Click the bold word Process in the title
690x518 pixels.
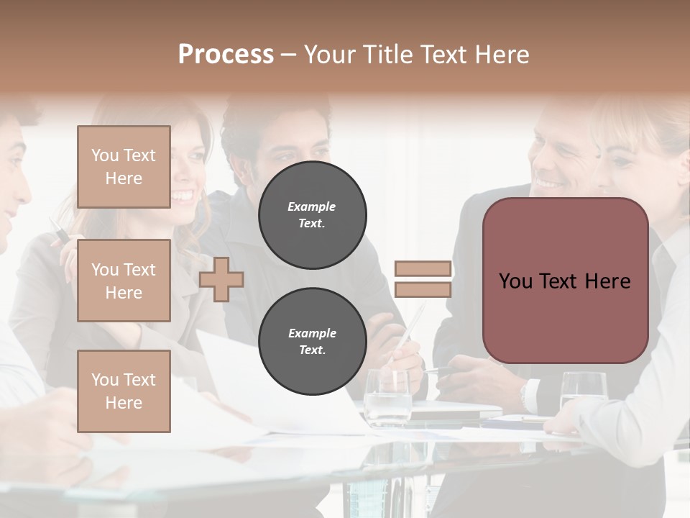[x=226, y=54]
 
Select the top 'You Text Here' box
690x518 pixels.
[x=124, y=167]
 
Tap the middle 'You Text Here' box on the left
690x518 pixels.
[x=124, y=281]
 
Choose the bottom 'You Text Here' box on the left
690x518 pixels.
[x=124, y=391]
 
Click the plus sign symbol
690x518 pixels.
[x=221, y=279]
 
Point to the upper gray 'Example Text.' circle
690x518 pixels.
[x=312, y=214]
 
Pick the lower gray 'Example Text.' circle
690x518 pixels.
[x=312, y=341]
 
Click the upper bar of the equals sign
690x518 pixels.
[x=423, y=269]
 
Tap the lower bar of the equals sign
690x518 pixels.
[x=423, y=289]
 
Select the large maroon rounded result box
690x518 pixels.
[x=565, y=281]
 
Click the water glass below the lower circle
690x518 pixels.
[x=387, y=400]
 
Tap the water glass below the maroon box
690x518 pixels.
[x=582, y=392]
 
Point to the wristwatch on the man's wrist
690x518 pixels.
[x=529, y=394]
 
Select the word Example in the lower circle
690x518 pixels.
[x=312, y=333]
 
